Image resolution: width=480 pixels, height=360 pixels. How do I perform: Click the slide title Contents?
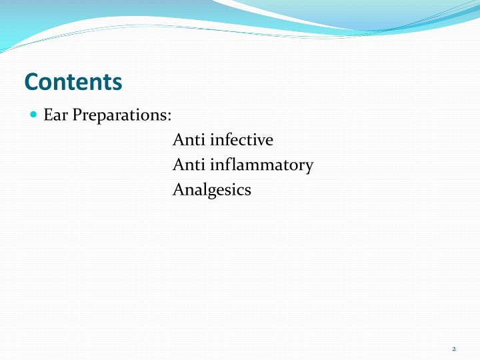pyautogui.click(x=73, y=81)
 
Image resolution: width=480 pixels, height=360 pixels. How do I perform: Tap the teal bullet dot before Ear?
pyautogui.click(x=34, y=115)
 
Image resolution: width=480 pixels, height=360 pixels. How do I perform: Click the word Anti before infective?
pyautogui.click(x=189, y=140)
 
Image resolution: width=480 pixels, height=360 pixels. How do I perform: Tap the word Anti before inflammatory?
pyautogui.click(x=189, y=165)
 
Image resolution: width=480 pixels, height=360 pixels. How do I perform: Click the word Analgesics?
pyautogui.click(x=211, y=190)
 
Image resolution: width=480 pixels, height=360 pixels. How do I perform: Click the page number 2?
pyautogui.click(x=453, y=349)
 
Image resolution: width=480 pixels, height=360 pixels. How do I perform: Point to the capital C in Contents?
pyautogui.click(x=31, y=81)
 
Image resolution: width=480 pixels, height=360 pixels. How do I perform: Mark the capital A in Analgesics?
pyautogui.click(x=178, y=189)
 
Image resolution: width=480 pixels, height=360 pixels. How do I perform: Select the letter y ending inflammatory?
pyautogui.click(x=309, y=167)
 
